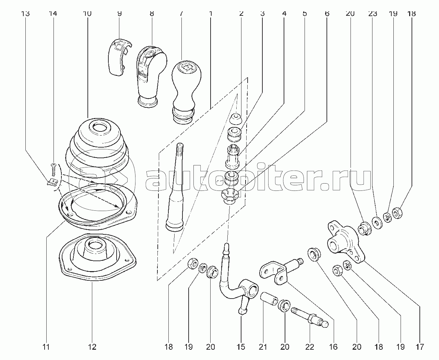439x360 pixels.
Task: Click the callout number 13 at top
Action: click(25, 14)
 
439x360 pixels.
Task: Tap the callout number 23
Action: click(372, 14)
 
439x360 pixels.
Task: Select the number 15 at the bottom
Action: click(241, 347)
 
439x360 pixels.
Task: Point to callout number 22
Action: click(310, 347)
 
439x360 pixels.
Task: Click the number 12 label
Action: click(92, 347)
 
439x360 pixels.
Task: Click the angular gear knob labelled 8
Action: click(150, 74)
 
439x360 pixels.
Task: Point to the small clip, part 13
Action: click(51, 182)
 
